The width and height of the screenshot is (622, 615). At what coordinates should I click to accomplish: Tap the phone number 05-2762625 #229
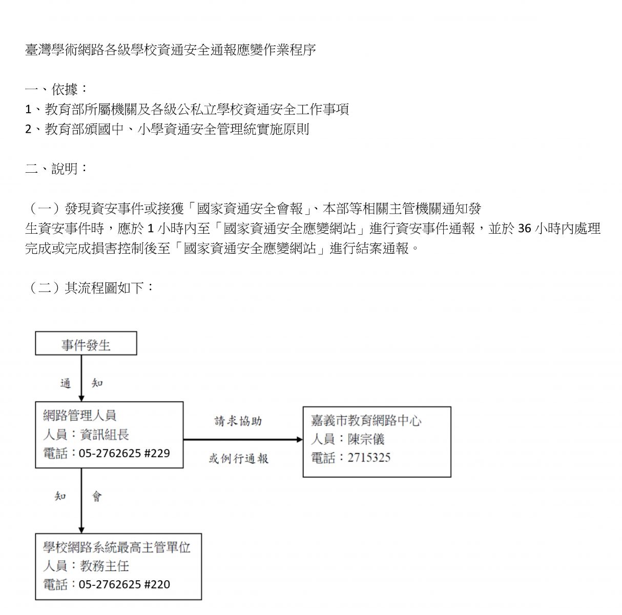pyautogui.click(x=125, y=453)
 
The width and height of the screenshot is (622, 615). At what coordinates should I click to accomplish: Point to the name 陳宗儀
pyautogui.click(x=366, y=439)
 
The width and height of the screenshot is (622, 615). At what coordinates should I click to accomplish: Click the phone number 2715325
pyautogui.click(x=369, y=457)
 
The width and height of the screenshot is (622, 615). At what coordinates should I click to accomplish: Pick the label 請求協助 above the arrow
pyautogui.click(x=238, y=421)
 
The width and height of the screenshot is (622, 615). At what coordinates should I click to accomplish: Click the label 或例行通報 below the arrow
pyautogui.click(x=239, y=458)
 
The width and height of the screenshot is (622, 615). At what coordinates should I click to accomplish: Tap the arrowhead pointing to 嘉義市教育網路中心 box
pyautogui.click(x=300, y=439)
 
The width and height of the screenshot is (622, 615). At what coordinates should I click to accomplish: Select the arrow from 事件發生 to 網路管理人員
pyautogui.click(x=81, y=378)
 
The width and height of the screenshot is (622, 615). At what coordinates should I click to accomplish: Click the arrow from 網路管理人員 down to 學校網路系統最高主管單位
pyautogui.click(x=81, y=501)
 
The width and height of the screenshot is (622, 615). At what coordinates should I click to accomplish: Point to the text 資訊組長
pyautogui.click(x=105, y=435)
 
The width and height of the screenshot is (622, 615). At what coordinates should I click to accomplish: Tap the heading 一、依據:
pyautogui.click(x=56, y=89)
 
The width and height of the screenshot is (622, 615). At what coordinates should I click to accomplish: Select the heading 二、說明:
pyautogui.click(x=56, y=168)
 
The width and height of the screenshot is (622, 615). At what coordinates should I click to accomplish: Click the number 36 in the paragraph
pyautogui.click(x=525, y=229)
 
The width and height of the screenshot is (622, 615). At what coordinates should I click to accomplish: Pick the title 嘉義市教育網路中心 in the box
pyautogui.click(x=366, y=420)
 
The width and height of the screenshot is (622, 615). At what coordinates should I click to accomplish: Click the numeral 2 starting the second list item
pyautogui.click(x=28, y=129)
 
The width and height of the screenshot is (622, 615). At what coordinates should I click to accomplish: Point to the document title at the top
pyautogui.click(x=171, y=50)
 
